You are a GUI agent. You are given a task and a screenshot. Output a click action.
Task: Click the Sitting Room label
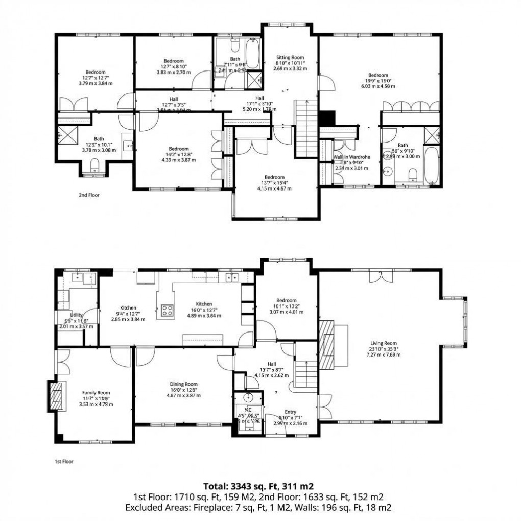[290, 57]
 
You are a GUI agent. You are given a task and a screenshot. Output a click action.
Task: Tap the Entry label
[290, 412]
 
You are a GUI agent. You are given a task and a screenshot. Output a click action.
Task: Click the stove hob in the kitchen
[167, 311]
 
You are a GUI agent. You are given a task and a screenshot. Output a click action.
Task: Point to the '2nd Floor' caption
[89, 195]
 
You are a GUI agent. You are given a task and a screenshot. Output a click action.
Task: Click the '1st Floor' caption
[64, 461]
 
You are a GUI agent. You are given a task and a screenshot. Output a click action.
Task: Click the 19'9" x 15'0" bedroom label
[378, 75]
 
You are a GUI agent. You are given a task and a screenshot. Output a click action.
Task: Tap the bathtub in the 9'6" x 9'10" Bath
[431, 166]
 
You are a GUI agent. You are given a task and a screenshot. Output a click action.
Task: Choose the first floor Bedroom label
[286, 300]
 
